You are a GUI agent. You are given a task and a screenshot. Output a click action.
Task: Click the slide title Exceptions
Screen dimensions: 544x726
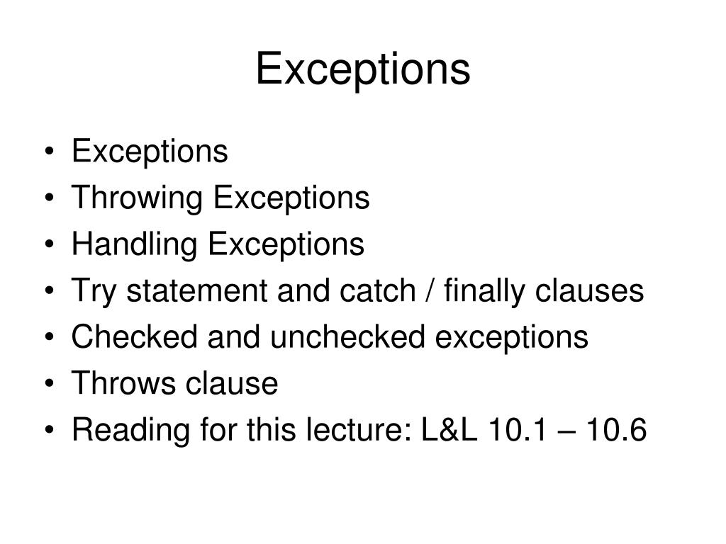[x=362, y=70]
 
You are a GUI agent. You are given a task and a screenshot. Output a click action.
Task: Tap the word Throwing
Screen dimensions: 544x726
[x=138, y=198]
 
